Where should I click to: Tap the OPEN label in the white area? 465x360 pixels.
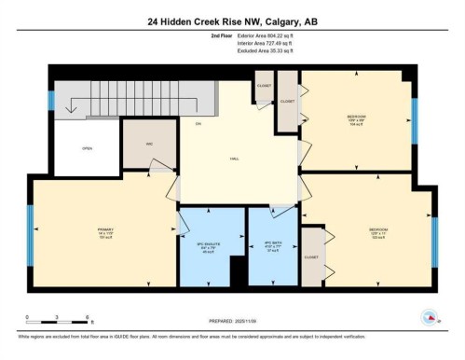tap(87, 147)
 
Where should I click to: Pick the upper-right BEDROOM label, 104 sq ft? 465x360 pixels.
tap(357, 118)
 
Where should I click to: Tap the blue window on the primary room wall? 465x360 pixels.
tap(31, 231)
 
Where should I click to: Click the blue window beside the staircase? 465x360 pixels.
tap(53, 96)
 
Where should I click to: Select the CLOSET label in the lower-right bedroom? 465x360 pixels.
tap(311, 256)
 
